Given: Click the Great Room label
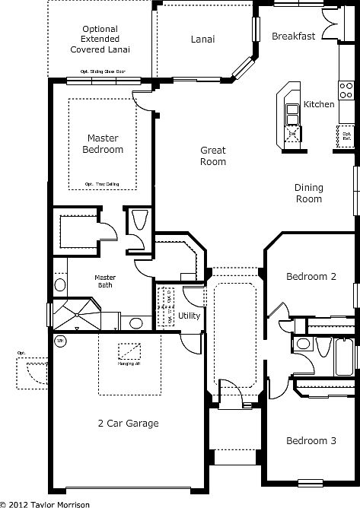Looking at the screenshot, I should (x=213, y=156).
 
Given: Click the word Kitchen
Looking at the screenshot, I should (x=319, y=104).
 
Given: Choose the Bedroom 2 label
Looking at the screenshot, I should (x=311, y=277).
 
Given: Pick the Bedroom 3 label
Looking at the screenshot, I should (x=311, y=440).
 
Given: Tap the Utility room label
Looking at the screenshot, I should (x=189, y=316).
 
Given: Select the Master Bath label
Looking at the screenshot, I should (x=106, y=283).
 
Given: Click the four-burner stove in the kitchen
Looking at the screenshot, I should (x=346, y=91).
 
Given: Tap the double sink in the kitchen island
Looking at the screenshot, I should (x=292, y=113).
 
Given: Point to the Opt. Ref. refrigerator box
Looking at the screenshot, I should (x=347, y=138).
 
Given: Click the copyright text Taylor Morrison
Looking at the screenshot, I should (x=46, y=503).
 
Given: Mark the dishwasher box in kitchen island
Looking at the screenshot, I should (x=292, y=133).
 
